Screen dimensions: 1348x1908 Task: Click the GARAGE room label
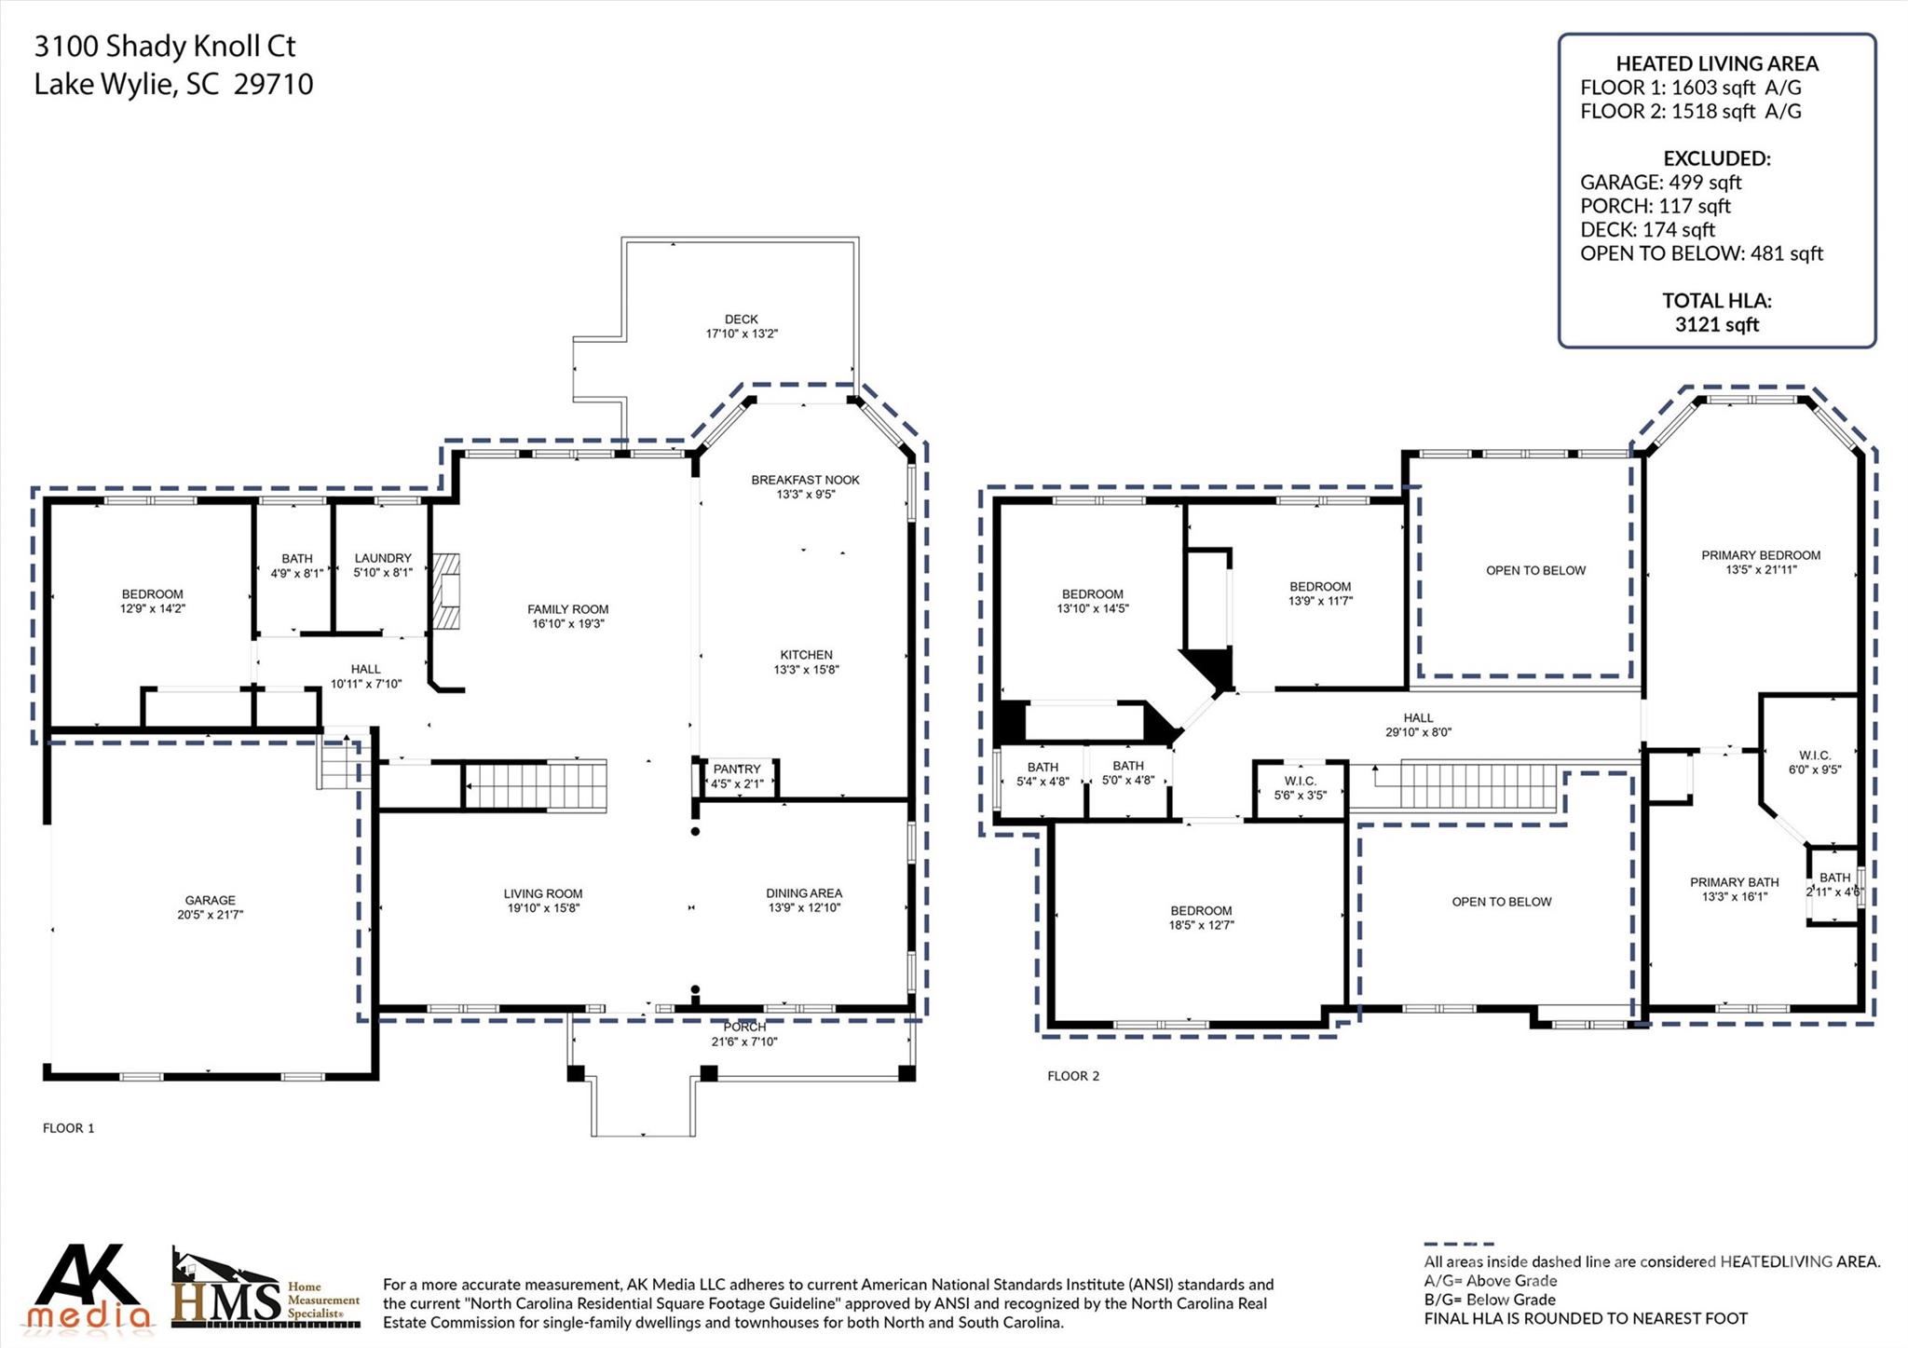[210, 900]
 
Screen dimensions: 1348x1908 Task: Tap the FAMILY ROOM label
[567, 609]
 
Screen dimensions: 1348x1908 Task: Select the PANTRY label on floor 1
[737, 769]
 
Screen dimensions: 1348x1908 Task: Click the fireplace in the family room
[446, 592]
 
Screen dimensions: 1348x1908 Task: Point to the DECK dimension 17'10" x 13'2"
[742, 334]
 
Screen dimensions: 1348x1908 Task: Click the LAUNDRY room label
[382, 558]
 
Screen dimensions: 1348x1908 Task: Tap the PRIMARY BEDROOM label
[1760, 555]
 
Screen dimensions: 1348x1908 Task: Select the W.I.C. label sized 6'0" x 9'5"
[1814, 756]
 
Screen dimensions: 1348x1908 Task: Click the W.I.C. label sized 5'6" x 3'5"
[1300, 782]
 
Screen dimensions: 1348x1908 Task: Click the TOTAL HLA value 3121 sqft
[1716, 324]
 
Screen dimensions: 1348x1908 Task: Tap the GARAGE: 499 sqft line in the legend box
[1660, 182]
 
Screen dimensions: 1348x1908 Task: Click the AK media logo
[89, 1287]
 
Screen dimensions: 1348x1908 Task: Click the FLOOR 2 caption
[1072, 1076]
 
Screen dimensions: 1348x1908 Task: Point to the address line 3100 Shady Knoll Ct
[165, 46]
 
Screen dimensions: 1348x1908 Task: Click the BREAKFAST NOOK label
[805, 480]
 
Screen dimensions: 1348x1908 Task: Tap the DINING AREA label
[803, 893]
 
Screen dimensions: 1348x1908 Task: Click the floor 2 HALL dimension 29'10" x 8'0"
[1417, 732]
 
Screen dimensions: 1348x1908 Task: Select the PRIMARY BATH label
[1734, 882]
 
